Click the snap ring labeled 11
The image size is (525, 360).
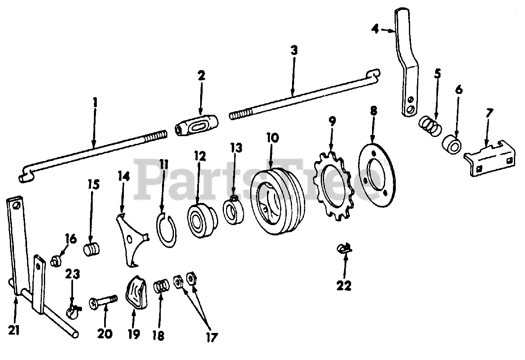[x=167, y=231]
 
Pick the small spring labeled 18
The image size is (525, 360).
[x=162, y=285]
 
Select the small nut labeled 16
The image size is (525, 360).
[x=56, y=260]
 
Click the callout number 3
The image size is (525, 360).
[x=294, y=51]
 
